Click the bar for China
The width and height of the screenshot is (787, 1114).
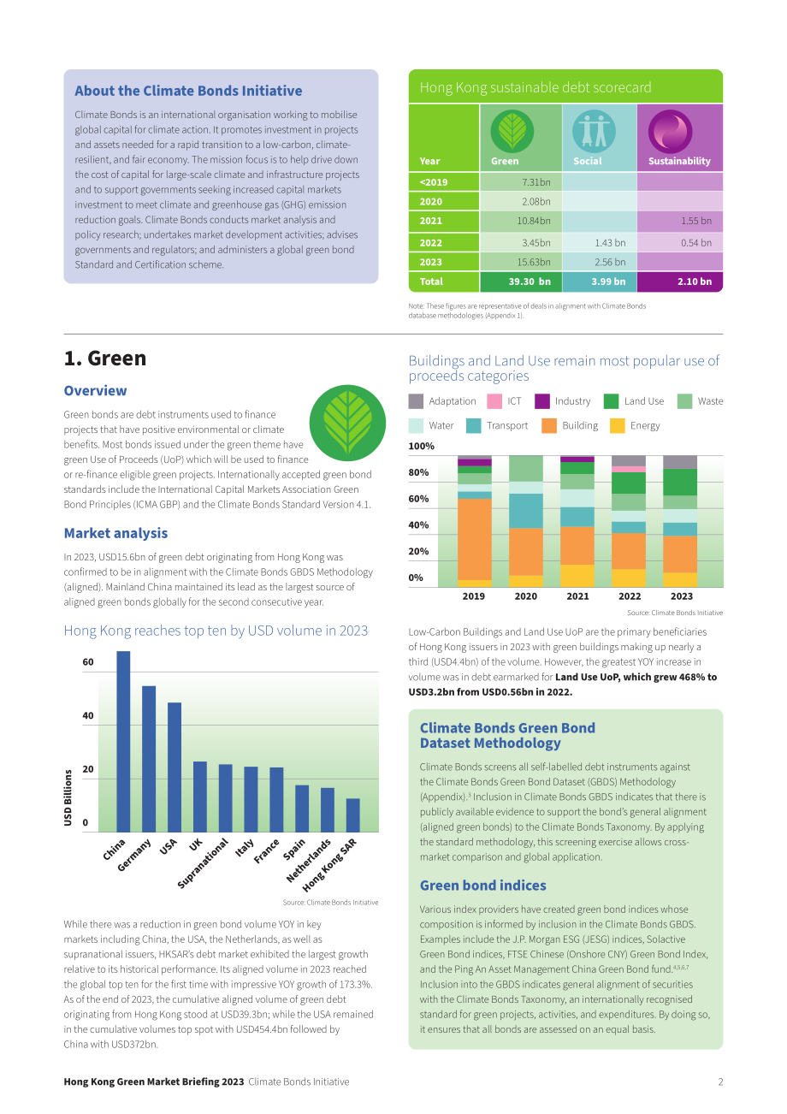click(x=123, y=741)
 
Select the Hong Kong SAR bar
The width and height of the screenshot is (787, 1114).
click(x=352, y=815)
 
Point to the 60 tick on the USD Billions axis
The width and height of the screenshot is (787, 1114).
click(x=88, y=662)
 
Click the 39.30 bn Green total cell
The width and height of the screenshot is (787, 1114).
click(x=520, y=281)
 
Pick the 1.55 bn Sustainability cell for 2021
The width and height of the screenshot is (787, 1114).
click(x=679, y=221)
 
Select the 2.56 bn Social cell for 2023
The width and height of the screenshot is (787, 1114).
click(x=599, y=262)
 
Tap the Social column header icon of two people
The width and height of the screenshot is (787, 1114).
click(x=594, y=131)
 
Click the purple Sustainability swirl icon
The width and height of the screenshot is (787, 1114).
click(x=670, y=131)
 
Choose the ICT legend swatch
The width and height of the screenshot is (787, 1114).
click(x=494, y=401)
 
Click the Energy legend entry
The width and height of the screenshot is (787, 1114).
click(x=635, y=426)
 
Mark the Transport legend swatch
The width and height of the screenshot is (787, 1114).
click(x=474, y=426)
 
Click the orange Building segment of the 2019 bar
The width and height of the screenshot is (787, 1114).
click(x=474, y=539)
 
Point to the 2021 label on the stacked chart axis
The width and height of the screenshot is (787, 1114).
click(x=577, y=596)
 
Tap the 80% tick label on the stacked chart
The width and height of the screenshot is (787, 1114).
click(x=418, y=472)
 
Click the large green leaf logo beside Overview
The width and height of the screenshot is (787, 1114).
click(x=347, y=423)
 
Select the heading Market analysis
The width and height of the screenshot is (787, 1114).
click(x=115, y=533)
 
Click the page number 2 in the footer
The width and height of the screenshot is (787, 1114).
click(x=720, y=1081)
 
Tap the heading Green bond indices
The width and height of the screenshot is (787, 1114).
click(x=482, y=886)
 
